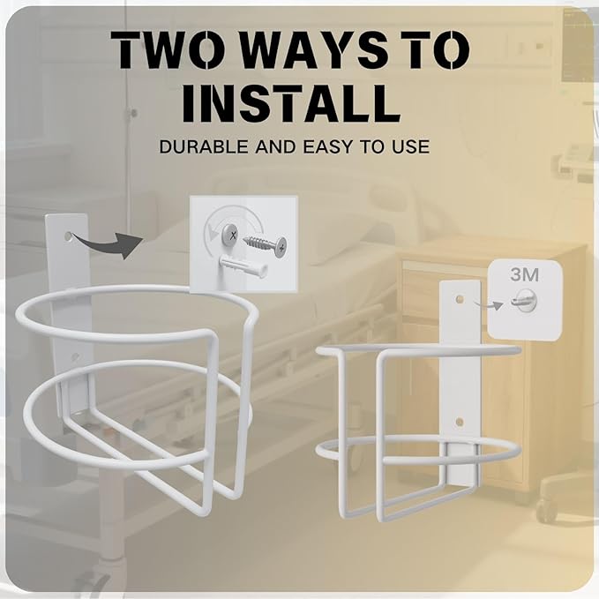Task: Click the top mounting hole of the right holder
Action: point(459,298)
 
